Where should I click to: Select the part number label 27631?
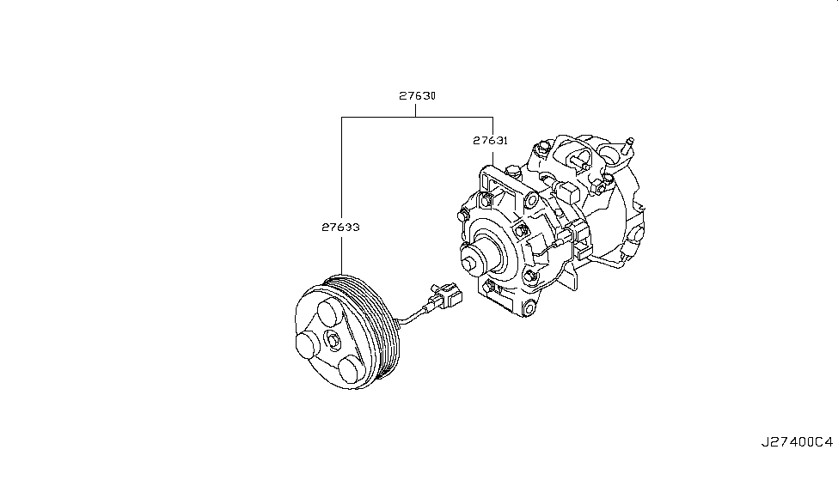(x=490, y=139)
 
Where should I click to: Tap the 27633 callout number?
(x=341, y=228)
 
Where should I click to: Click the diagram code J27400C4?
(x=796, y=442)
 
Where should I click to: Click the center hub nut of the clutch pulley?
(x=332, y=341)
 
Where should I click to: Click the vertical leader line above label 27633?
(x=341, y=172)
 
